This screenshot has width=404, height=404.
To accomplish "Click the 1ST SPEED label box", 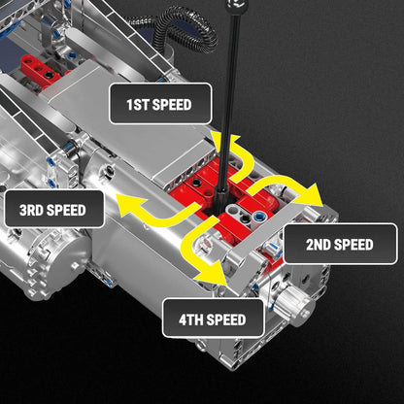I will [159, 103].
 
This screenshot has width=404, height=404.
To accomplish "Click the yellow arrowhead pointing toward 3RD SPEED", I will [125, 202].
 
